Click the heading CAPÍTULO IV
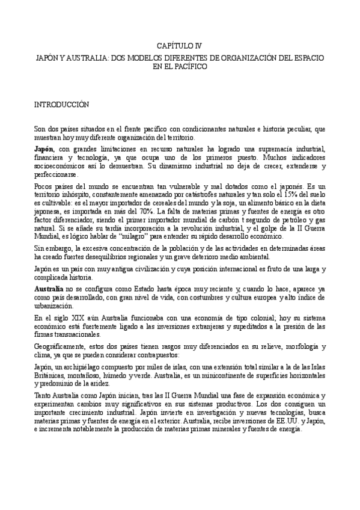(x=180, y=45)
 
